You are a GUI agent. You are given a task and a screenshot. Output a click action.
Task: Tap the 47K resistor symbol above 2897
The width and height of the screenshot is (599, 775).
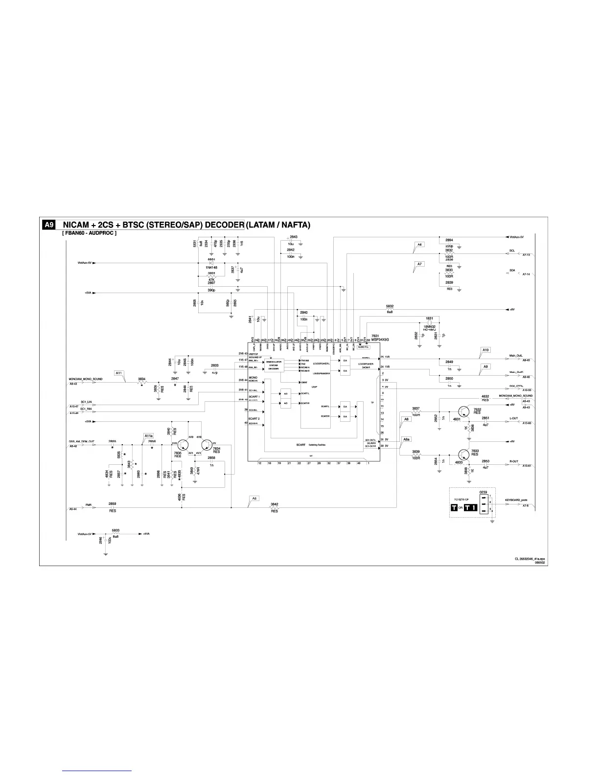pyautogui.click(x=211, y=276)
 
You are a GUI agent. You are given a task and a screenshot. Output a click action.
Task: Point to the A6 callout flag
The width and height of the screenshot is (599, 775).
pyautogui.click(x=419, y=245)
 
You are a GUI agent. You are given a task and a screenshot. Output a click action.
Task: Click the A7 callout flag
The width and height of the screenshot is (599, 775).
pyautogui.click(x=419, y=265)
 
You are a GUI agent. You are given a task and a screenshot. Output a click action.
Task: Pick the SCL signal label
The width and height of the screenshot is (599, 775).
pyautogui.click(x=512, y=251)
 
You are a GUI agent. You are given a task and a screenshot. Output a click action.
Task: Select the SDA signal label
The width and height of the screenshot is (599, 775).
pyautogui.click(x=512, y=270)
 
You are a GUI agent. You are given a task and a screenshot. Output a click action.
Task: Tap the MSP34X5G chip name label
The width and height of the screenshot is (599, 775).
pyautogui.click(x=379, y=339)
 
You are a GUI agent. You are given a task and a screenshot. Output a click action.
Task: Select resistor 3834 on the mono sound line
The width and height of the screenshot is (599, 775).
pyautogui.click(x=142, y=383)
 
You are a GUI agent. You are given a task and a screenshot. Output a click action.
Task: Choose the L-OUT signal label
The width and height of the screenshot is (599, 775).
pyautogui.click(x=513, y=418)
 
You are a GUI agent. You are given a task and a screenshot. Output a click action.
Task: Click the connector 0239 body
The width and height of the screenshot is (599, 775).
pyautogui.click(x=484, y=503)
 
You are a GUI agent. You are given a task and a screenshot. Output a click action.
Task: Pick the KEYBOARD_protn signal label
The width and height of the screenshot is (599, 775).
pyautogui.click(x=516, y=501)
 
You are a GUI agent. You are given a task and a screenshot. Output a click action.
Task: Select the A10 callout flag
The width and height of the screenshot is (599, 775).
pyautogui.click(x=485, y=350)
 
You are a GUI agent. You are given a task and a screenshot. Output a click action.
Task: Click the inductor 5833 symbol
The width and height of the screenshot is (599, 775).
pyautogui.click(x=115, y=533)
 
